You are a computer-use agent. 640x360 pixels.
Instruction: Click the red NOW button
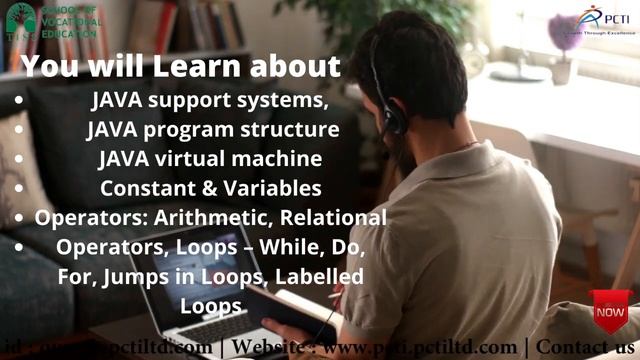[x=610, y=311]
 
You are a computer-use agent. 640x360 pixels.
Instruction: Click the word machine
[x=281, y=159]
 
